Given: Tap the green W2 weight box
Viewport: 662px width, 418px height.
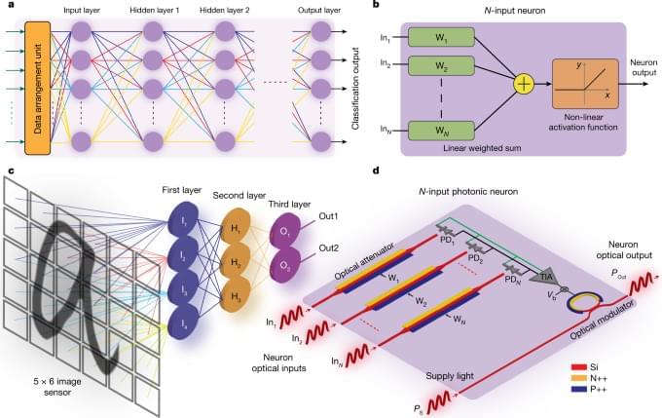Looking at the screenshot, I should [x=440, y=69].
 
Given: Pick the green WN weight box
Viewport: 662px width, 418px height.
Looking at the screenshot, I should [x=440, y=129].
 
